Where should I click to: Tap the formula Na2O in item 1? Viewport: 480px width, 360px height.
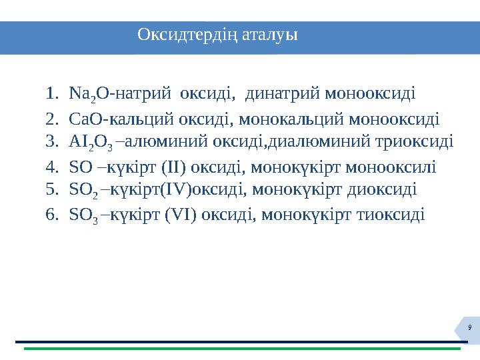(83, 93)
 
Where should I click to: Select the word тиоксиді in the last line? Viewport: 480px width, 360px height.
(395, 215)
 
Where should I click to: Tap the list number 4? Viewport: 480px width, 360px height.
(52, 165)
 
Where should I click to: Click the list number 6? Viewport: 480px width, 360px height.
(52, 215)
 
